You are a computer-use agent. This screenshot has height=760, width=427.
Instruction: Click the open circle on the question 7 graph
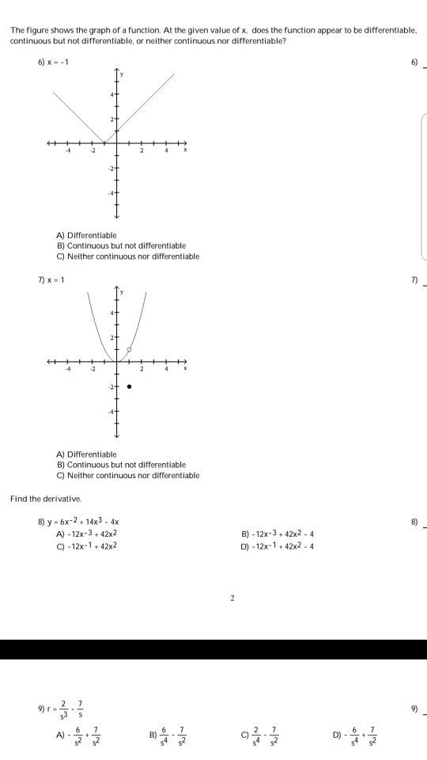point(129,349)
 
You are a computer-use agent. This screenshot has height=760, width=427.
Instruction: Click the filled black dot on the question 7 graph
point(129,387)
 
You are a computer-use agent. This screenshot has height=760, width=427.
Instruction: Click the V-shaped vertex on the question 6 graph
point(104,142)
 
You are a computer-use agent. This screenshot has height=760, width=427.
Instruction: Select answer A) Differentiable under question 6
point(86,235)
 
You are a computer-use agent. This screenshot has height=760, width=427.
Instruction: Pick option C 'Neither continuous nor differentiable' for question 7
point(127,475)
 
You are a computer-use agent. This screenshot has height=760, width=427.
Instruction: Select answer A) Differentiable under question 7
point(86,454)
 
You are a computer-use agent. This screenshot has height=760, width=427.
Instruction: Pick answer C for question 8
point(87,545)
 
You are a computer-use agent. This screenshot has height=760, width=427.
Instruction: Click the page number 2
point(232,599)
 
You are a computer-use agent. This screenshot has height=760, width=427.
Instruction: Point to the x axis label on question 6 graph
point(185,151)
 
